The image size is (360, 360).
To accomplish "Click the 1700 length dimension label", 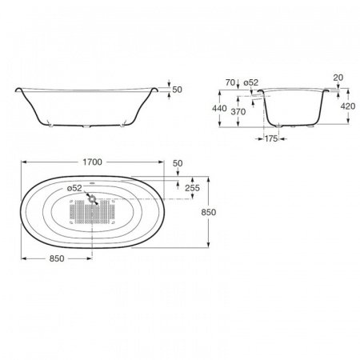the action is (92, 162).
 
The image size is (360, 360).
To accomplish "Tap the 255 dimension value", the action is (192, 188).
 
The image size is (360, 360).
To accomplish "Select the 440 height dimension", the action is (219, 108).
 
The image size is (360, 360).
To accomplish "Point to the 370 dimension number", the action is (238, 111).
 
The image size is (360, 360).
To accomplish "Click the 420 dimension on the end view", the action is (348, 106).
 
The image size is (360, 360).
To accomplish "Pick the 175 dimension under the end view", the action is (271, 138).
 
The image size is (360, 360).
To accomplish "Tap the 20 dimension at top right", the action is (338, 78).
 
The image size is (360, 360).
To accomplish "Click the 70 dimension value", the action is (230, 82).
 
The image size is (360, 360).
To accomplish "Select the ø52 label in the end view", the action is (251, 82).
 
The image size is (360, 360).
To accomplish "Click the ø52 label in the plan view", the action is (74, 188).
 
